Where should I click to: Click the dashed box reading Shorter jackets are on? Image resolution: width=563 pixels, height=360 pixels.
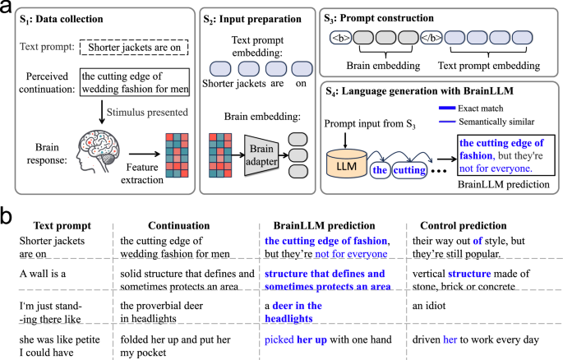pos(134,47)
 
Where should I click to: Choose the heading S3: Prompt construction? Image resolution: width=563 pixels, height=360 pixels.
pos(375,15)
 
